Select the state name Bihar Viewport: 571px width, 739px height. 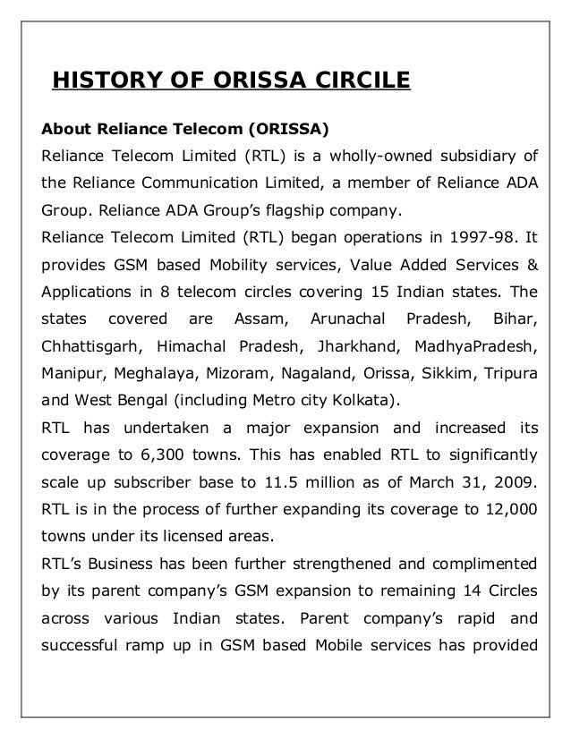click(x=513, y=319)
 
